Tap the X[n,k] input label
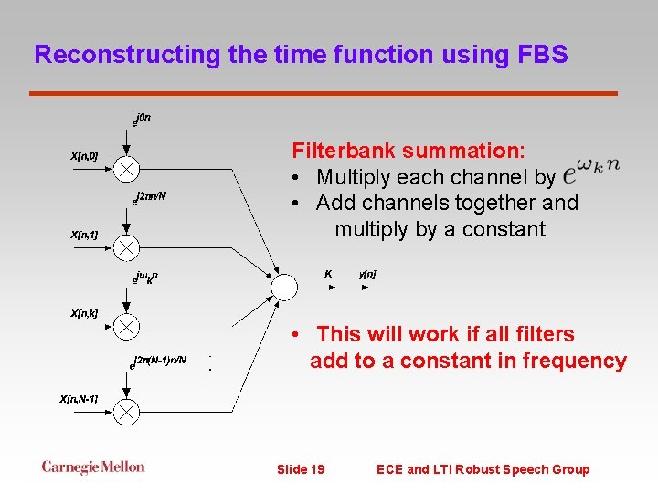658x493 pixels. click(84, 313)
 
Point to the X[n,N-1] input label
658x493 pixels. click(79, 399)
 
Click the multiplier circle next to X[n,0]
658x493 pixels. click(127, 168)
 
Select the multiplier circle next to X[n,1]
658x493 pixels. click(127, 246)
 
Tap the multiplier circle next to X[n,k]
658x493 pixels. click(127, 325)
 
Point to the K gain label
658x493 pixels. click(328, 273)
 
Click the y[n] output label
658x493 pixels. click(367, 274)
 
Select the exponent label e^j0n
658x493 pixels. click(142, 119)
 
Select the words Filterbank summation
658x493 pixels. click(408, 151)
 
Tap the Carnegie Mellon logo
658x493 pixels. click(93, 467)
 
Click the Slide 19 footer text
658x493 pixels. click(301, 469)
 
